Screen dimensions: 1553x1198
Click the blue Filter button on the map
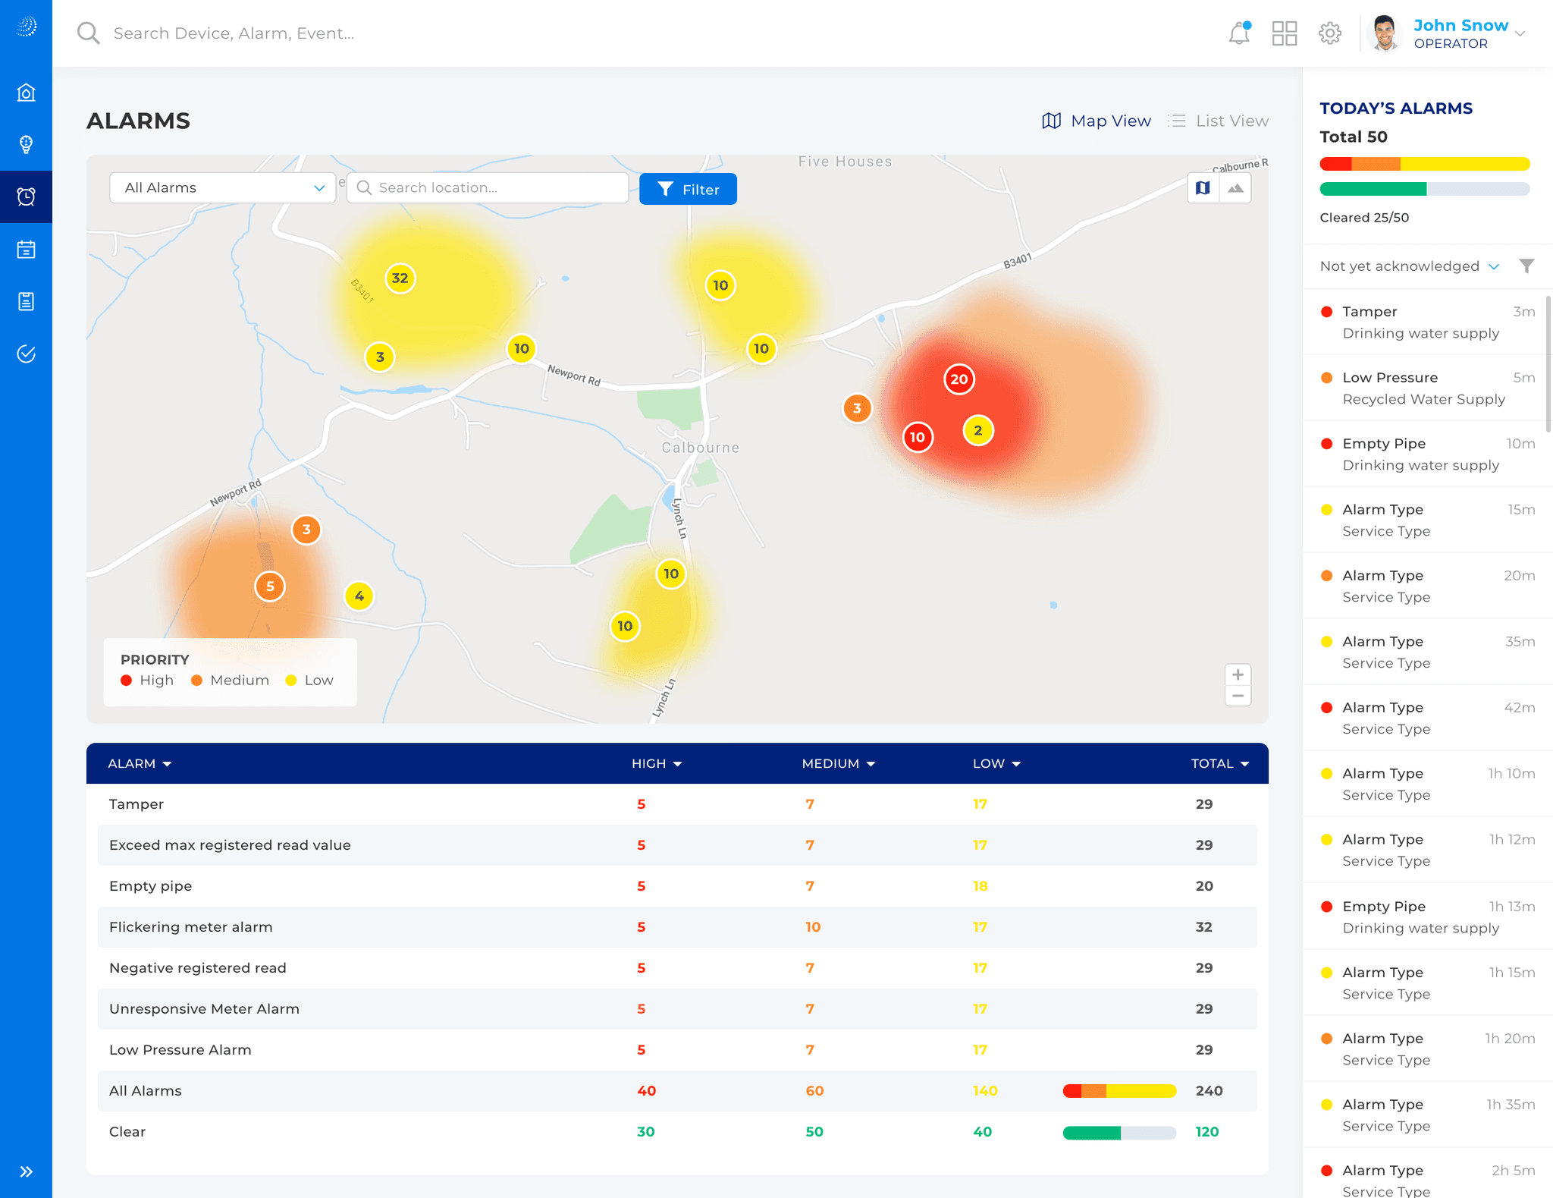688,189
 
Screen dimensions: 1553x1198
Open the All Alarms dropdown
222,187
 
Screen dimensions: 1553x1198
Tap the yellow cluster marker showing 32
400,278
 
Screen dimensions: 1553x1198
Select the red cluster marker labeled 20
959,379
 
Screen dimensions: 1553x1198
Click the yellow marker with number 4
359,596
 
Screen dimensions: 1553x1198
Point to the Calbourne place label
700,448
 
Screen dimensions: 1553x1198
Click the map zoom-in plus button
1238,674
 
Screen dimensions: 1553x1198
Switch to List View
1219,121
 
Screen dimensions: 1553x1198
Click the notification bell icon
1239,33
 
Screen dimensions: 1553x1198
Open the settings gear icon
1330,33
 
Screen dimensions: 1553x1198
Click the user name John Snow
1460,25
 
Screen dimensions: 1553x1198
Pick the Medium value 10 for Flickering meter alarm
813,926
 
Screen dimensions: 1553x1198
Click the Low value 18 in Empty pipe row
980,885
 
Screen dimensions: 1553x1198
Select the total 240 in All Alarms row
1209,1090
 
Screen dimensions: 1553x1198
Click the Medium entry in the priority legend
231,681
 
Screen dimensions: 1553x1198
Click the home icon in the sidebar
27,93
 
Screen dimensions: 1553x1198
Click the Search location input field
488,187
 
